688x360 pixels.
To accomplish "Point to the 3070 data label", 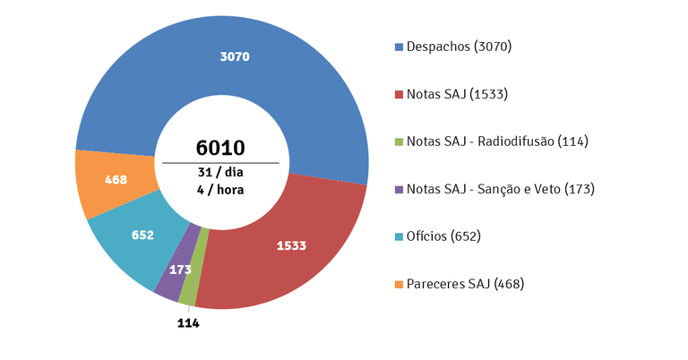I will pyautogui.click(x=234, y=56).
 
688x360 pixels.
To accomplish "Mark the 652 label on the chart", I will pyautogui.click(x=142, y=236).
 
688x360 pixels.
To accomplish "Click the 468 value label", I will pyautogui.click(x=116, y=179).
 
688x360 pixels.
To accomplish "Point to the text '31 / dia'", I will pyautogui.click(x=220, y=172).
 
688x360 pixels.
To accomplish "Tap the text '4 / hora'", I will pyautogui.click(x=220, y=189).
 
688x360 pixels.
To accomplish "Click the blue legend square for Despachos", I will pyautogui.click(x=399, y=47).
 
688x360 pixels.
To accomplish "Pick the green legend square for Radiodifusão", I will pyautogui.click(x=399, y=141).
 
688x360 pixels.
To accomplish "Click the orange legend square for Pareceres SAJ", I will pyautogui.click(x=399, y=284).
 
